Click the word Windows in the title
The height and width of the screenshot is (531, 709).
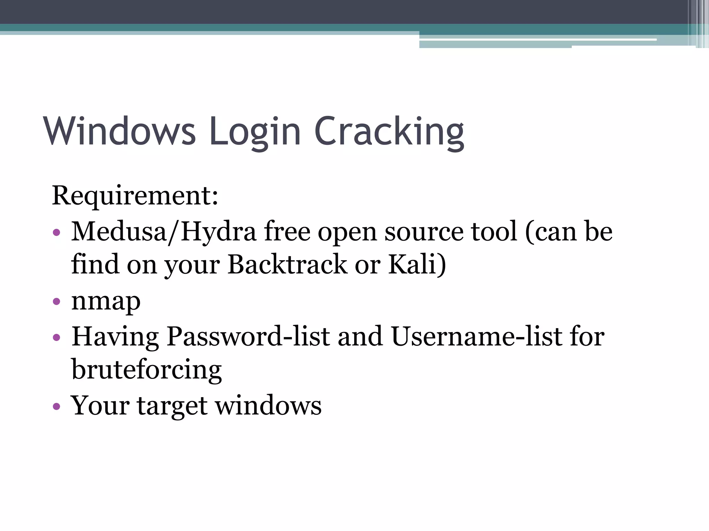(119, 131)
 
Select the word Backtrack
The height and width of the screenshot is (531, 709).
(287, 264)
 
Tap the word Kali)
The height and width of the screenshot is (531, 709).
(417, 265)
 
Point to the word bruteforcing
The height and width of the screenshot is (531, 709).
(146, 370)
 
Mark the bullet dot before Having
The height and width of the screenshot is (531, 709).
(57, 337)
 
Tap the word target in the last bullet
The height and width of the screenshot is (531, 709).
(172, 406)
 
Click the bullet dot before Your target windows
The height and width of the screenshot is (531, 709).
(57, 406)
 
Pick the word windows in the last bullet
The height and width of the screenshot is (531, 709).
(269, 406)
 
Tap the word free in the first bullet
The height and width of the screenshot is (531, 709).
(287, 232)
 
